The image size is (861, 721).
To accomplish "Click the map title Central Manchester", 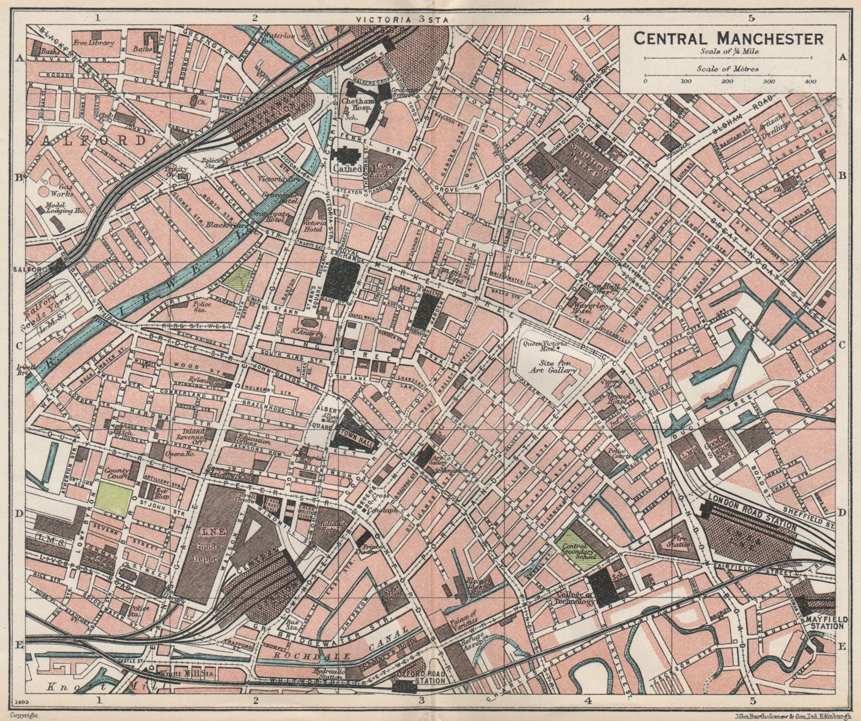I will tap(728, 39).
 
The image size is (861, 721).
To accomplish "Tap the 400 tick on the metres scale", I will tap(810, 81).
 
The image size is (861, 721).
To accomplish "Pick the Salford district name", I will tap(86, 141).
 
